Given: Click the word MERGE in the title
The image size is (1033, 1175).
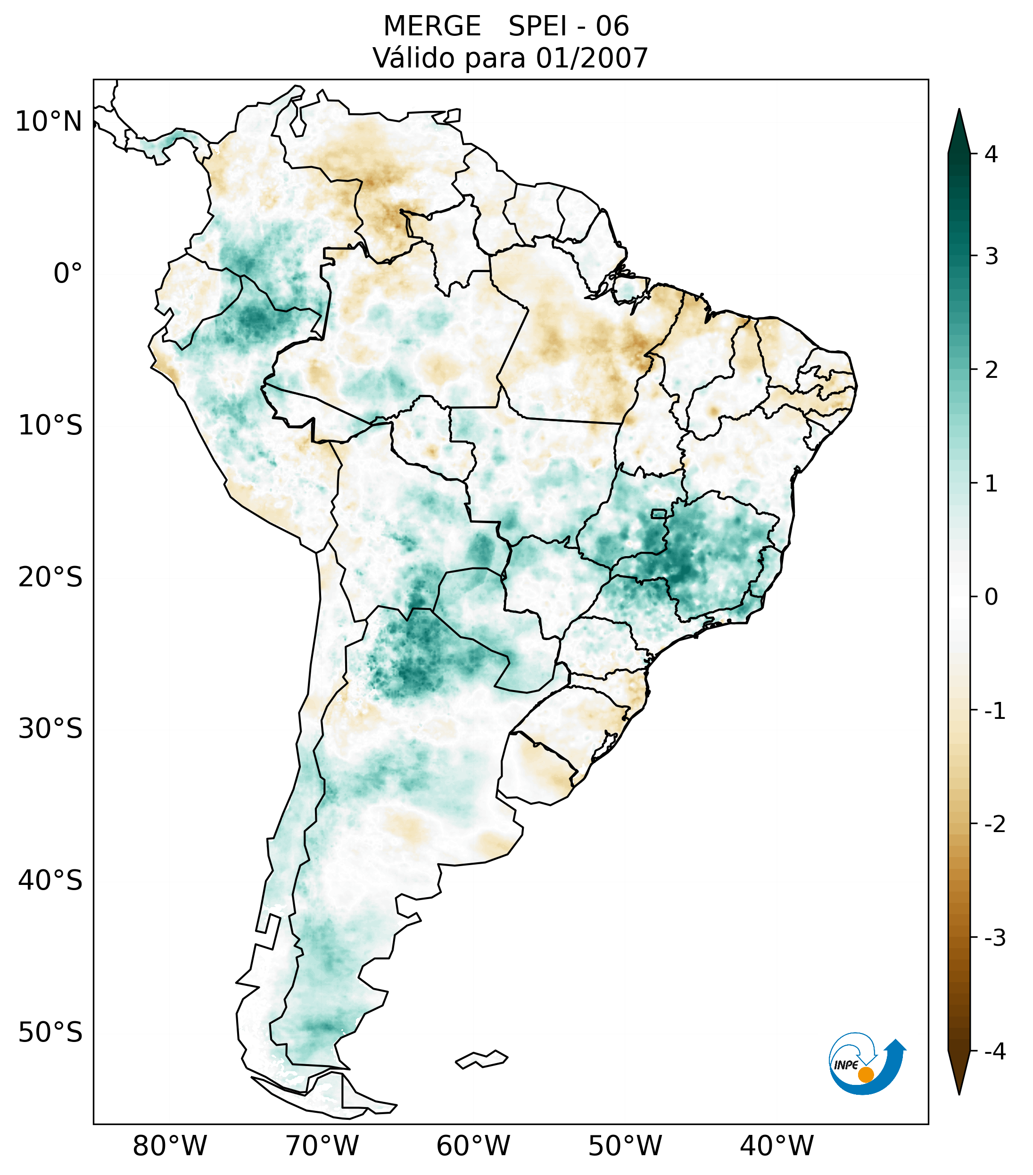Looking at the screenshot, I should point(431,26).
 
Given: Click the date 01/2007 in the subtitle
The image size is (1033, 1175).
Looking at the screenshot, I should point(591,58).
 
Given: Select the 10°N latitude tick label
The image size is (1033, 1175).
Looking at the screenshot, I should point(49,122).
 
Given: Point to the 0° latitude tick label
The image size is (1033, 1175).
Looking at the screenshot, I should point(68,274).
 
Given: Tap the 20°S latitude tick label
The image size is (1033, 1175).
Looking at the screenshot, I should point(50,577).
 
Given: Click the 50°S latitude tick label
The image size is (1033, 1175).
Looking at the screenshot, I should point(50,1033).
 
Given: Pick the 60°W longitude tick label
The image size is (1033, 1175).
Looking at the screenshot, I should point(473,1146).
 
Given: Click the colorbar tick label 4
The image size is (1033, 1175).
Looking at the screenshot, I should point(991,154).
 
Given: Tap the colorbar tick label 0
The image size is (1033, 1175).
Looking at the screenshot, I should point(991,597).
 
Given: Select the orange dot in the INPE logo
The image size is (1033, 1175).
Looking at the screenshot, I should point(866,1075).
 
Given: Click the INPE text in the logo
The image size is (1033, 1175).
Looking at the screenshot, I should point(846,1065).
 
